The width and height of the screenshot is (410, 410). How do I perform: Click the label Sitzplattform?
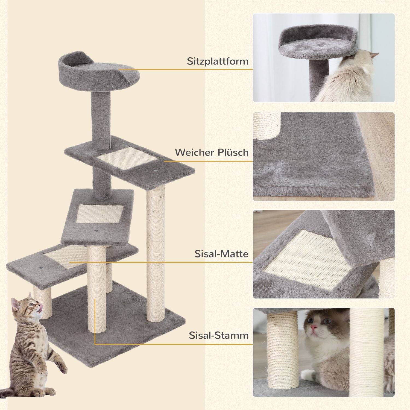(218, 61)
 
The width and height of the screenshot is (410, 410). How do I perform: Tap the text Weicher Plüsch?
(212, 152)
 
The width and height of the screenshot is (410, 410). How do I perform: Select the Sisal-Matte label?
(221, 254)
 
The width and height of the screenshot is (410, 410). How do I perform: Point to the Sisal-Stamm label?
(219, 335)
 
